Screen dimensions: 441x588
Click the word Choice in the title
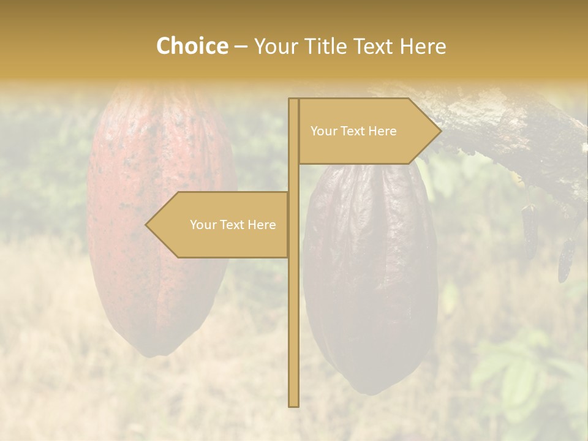click(192, 46)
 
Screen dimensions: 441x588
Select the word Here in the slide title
click(423, 46)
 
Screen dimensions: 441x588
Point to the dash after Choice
click(241, 47)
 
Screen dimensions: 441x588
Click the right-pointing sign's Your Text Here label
click(353, 131)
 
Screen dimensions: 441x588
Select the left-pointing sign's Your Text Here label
click(233, 225)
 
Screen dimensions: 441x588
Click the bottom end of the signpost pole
click(293, 404)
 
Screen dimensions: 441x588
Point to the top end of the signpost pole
click(293, 100)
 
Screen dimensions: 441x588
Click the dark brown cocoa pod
click(371, 276)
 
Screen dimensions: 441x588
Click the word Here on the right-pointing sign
click(383, 131)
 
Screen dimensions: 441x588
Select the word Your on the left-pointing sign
click(202, 225)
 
